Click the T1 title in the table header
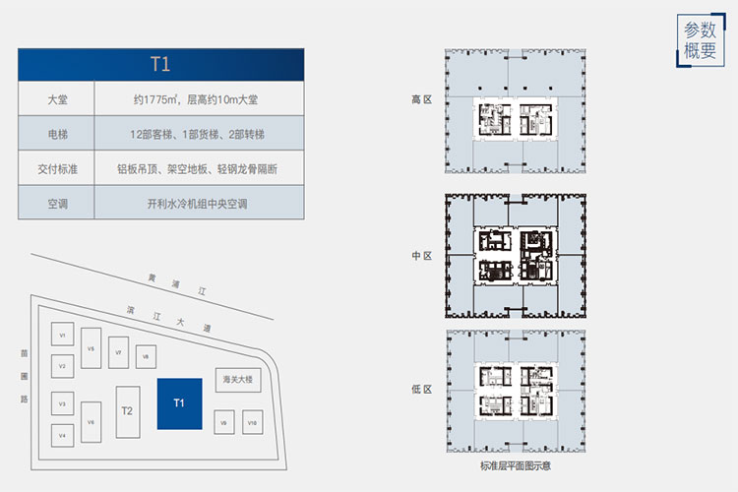160,65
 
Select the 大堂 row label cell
56,99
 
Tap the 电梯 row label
56,134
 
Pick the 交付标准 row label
56,168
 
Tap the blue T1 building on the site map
179,403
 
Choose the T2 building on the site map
126,409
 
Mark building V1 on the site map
62,335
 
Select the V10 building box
252,422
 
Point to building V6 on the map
91,422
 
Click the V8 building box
144,356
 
